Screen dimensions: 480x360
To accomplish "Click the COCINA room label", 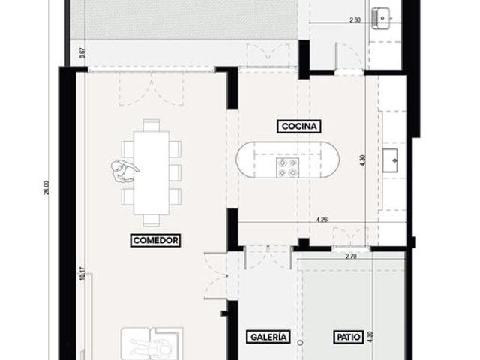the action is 299,127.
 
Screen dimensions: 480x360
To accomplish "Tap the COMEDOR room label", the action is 155,240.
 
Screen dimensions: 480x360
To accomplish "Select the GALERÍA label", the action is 268,337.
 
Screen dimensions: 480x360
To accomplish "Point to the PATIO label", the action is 348,337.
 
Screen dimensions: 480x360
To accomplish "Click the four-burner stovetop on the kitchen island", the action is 287,168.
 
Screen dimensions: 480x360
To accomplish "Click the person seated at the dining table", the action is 123,172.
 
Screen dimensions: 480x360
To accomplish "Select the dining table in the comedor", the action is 151,173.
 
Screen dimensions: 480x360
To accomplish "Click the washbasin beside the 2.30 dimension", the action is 381,18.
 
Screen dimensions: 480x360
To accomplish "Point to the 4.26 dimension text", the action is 322,220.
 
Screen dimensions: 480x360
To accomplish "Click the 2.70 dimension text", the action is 351,256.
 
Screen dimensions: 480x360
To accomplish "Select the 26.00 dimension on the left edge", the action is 46,187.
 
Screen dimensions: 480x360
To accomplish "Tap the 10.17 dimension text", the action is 82,273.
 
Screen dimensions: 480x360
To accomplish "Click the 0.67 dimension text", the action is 82,53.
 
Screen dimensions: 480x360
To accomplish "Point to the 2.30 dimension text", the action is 355,20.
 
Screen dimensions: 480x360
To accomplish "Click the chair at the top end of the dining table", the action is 151,125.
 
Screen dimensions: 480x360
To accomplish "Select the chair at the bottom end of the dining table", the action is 151,220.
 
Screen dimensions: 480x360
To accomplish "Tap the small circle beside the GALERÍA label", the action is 301,343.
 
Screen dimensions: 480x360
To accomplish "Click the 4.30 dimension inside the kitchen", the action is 363,160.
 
